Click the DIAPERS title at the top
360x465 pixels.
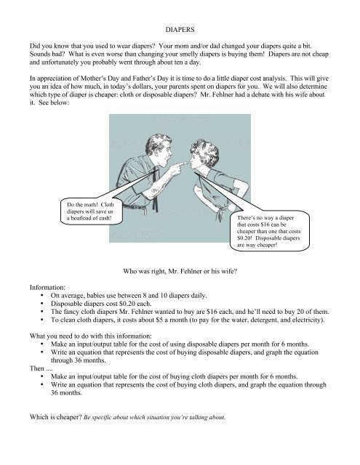pos(180,30)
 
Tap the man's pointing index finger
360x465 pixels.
pos(183,163)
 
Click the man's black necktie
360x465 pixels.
pos(155,190)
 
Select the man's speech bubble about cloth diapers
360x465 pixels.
pos(90,211)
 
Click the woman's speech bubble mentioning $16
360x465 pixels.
pos(270,231)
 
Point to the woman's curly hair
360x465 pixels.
pos(205,152)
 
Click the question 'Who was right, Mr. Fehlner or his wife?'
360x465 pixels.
pos(180,271)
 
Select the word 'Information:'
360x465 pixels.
pos(47,288)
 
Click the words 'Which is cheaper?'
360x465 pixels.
pos(56,417)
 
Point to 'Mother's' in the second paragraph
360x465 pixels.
pos(92,78)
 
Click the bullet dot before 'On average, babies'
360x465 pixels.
pos(42,296)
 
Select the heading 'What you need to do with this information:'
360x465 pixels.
pos(90,336)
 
